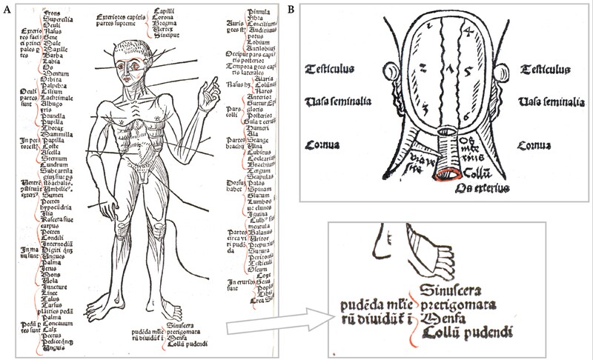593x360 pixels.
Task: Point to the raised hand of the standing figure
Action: pyautogui.click(x=209, y=96)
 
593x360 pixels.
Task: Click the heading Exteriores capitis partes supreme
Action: pyautogui.click(x=127, y=19)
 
